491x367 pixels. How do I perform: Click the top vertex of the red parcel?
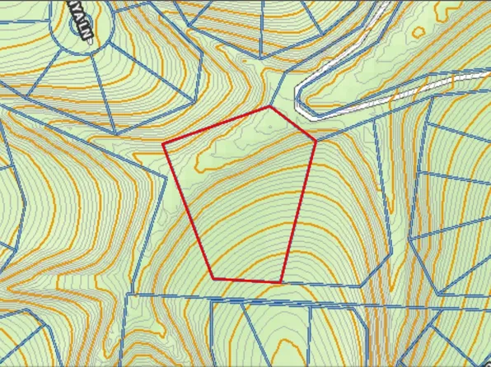(270, 107)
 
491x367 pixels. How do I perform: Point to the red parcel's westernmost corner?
(163, 145)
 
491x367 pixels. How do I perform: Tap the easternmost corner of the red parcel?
(316, 141)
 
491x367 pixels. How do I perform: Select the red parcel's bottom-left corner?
(214, 279)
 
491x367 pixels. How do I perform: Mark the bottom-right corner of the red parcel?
(283, 281)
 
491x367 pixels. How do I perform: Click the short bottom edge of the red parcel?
(248, 281)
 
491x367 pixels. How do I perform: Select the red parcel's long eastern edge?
(299, 211)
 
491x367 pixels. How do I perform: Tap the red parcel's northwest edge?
(217, 126)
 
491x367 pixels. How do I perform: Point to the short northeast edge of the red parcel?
(293, 124)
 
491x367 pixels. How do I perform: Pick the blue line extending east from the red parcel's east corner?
(346, 132)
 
